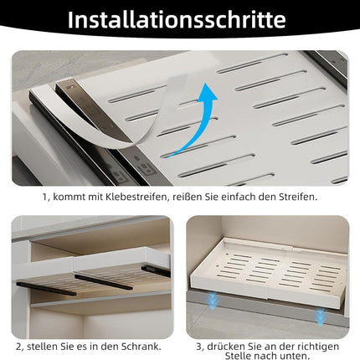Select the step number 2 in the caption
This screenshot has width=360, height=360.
(x=18, y=345)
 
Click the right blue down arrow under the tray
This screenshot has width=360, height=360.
(x=319, y=315)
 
